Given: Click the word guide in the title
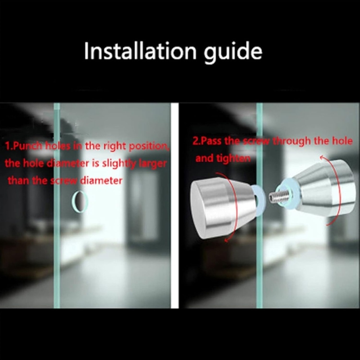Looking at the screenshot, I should (232, 51).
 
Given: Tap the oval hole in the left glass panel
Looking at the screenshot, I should (79, 201).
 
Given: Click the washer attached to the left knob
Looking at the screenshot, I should (259, 200).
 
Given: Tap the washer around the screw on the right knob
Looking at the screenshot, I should (290, 193).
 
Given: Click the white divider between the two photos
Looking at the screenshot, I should (175, 206).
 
